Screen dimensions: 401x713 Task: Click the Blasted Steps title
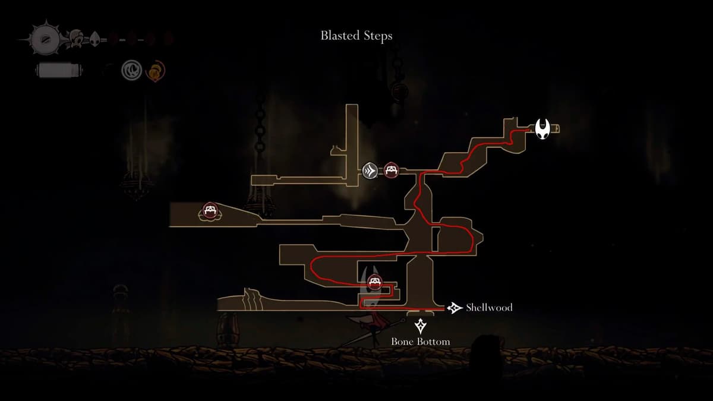click(356, 36)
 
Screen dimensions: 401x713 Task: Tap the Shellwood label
click(489, 308)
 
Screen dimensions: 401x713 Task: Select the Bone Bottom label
click(420, 342)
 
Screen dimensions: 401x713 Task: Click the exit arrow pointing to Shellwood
click(455, 308)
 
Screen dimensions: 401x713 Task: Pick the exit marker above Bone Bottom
click(421, 326)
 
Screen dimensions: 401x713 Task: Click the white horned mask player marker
click(542, 129)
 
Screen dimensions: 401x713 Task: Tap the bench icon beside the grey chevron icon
click(390, 170)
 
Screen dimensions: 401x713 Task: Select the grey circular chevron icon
click(370, 171)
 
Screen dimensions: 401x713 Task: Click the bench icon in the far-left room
click(209, 210)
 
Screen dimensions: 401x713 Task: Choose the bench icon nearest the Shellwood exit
click(374, 282)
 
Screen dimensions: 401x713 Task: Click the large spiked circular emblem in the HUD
click(45, 39)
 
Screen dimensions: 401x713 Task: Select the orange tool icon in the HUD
click(156, 71)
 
